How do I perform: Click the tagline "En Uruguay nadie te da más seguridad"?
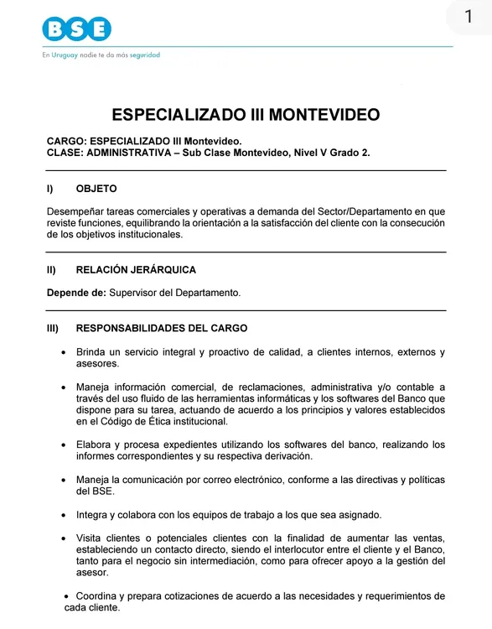click(101, 55)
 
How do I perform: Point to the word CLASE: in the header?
click(65, 153)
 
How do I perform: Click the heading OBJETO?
click(96, 189)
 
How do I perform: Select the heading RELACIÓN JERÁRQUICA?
click(136, 270)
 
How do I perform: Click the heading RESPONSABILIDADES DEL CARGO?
click(162, 328)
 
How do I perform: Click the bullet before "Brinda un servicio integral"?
click(65, 352)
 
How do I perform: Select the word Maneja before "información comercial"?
click(94, 387)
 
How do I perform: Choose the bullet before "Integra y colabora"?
click(65, 514)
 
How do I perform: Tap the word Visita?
click(91, 538)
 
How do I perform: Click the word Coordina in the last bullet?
click(101, 596)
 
